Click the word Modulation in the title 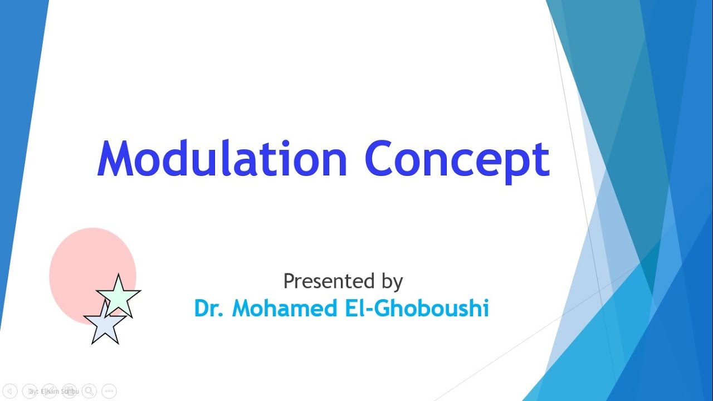222,159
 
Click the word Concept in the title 457,159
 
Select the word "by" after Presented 392,282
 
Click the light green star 119,296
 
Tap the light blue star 104,325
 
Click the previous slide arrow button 11,391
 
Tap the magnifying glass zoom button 89,391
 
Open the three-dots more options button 109,391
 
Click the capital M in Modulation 116,159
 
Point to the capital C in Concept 382,159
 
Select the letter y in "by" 397,284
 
